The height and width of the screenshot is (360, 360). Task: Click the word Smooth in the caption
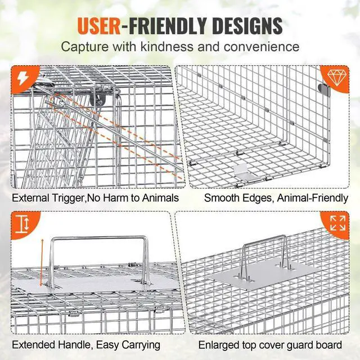coord(220,197)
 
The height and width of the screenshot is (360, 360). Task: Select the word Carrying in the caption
coord(136,344)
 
